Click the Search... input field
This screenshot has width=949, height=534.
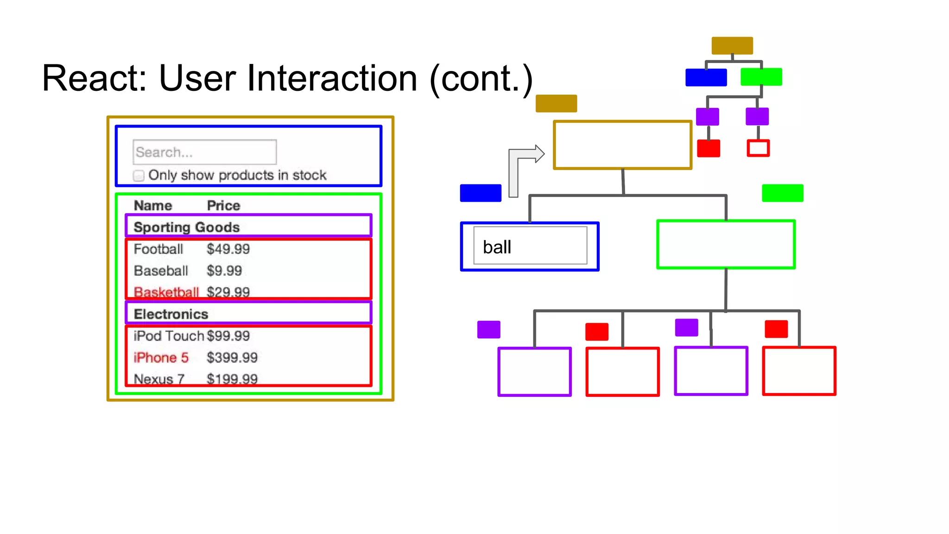pyautogui.click(x=204, y=152)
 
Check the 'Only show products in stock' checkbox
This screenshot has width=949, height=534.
pyautogui.click(x=139, y=176)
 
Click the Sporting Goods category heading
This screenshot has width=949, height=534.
pyautogui.click(x=186, y=227)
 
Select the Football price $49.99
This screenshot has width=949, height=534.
pyautogui.click(x=228, y=249)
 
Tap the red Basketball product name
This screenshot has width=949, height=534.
pyautogui.click(x=166, y=292)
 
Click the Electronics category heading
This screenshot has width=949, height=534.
pyautogui.click(x=171, y=314)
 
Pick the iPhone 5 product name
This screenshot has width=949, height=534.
pyautogui.click(x=161, y=357)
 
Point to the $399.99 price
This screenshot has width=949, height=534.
pyautogui.click(x=232, y=357)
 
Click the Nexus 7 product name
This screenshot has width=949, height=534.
pyautogui.click(x=159, y=379)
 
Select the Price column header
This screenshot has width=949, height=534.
pyautogui.click(x=223, y=205)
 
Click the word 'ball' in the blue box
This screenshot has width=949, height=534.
pyautogui.click(x=497, y=247)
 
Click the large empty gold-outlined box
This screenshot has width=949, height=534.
pyautogui.click(x=622, y=145)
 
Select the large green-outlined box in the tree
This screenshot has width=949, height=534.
pyautogui.click(x=726, y=244)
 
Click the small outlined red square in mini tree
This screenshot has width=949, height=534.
pyautogui.click(x=758, y=148)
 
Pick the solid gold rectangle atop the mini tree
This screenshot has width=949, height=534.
pyautogui.click(x=732, y=45)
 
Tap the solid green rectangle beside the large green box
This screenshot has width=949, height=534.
pyautogui.click(x=782, y=193)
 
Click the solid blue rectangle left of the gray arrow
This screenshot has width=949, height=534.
pyautogui.click(x=481, y=193)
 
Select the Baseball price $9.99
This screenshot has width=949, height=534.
pyautogui.click(x=224, y=271)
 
